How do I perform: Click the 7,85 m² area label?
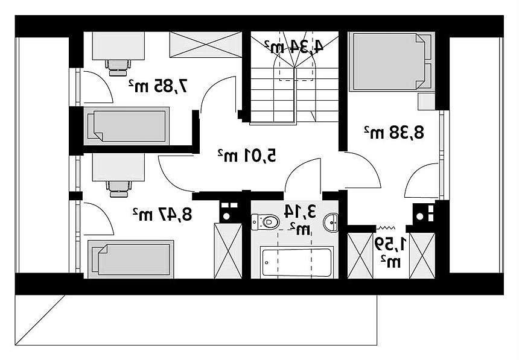click(x=158, y=86)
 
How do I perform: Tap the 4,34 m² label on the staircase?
click(x=294, y=46)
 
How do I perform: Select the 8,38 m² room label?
click(x=394, y=132)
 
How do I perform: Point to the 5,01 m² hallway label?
click(x=247, y=156)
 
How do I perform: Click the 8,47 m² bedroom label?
click(x=162, y=214)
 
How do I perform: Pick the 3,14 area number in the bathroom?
click(x=299, y=212)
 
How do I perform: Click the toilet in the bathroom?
click(x=266, y=222)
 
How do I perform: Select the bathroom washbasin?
click(x=331, y=223)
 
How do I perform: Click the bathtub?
click(x=296, y=262)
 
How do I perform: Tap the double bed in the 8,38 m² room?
click(x=392, y=62)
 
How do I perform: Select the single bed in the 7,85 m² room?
click(x=127, y=126)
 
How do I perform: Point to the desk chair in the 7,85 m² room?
click(x=118, y=68)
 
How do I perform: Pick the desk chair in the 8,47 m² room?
click(x=119, y=189)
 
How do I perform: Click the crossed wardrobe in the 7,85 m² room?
click(x=206, y=45)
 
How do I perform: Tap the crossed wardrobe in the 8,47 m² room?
click(x=228, y=251)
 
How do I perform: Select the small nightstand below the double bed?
click(x=426, y=101)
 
